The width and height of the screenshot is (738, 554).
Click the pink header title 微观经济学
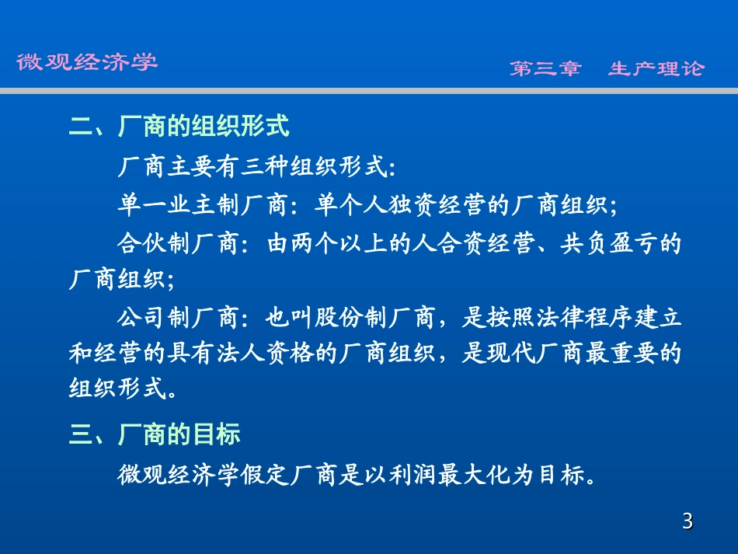click(87, 62)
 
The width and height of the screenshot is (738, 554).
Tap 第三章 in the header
click(545, 68)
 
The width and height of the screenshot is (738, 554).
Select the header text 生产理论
click(656, 68)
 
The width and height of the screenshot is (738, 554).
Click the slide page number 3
click(687, 521)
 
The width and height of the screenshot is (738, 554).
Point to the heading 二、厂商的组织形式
click(179, 126)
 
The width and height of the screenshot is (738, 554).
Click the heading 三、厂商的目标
click(155, 434)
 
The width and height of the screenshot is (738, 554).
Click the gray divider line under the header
click(369, 91)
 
